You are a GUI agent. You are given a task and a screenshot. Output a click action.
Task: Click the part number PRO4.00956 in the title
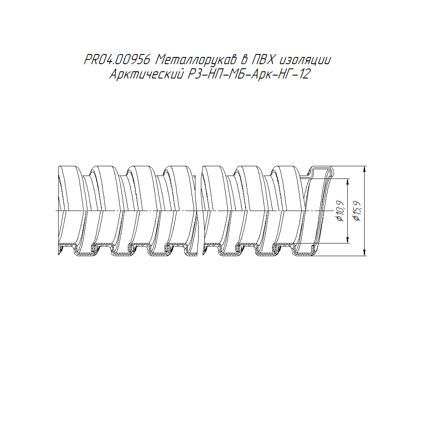pyautogui.click(x=117, y=60)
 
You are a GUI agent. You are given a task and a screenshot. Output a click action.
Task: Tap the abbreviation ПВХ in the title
pyautogui.click(x=263, y=60)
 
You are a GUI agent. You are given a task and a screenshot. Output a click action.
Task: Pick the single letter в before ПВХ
pyautogui.click(x=244, y=60)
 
